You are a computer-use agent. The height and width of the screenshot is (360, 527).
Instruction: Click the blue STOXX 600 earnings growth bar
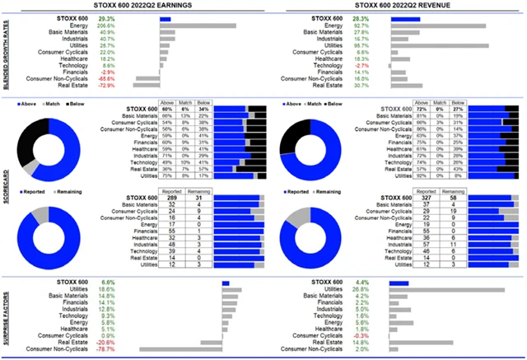[166, 18]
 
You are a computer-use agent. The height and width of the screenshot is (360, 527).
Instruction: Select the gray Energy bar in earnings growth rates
[198, 26]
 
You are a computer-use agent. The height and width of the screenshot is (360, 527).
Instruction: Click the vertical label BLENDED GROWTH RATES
[6, 53]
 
